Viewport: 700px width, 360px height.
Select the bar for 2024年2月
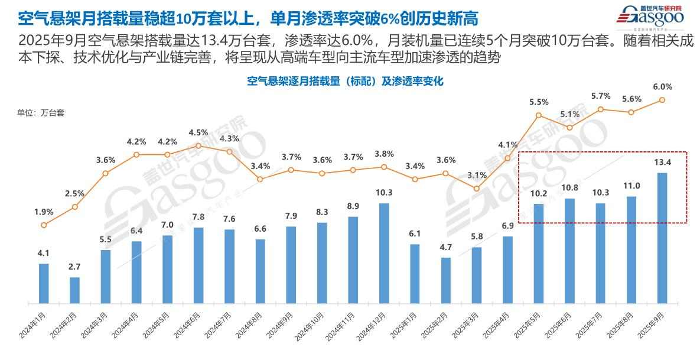(74, 290)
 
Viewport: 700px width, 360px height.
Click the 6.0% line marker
(662, 100)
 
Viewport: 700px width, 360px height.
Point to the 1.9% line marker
(44, 225)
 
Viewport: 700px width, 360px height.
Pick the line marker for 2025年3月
(477, 189)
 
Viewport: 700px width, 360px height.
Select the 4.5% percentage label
(198, 132)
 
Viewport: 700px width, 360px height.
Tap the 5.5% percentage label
(539, 102)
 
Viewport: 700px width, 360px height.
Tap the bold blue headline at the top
(248, 18)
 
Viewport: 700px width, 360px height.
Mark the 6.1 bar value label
(415, 234)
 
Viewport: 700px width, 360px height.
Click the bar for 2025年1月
(415, 274)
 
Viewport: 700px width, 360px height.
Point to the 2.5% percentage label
(74, 193)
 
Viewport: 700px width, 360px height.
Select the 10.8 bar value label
(569, 188)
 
